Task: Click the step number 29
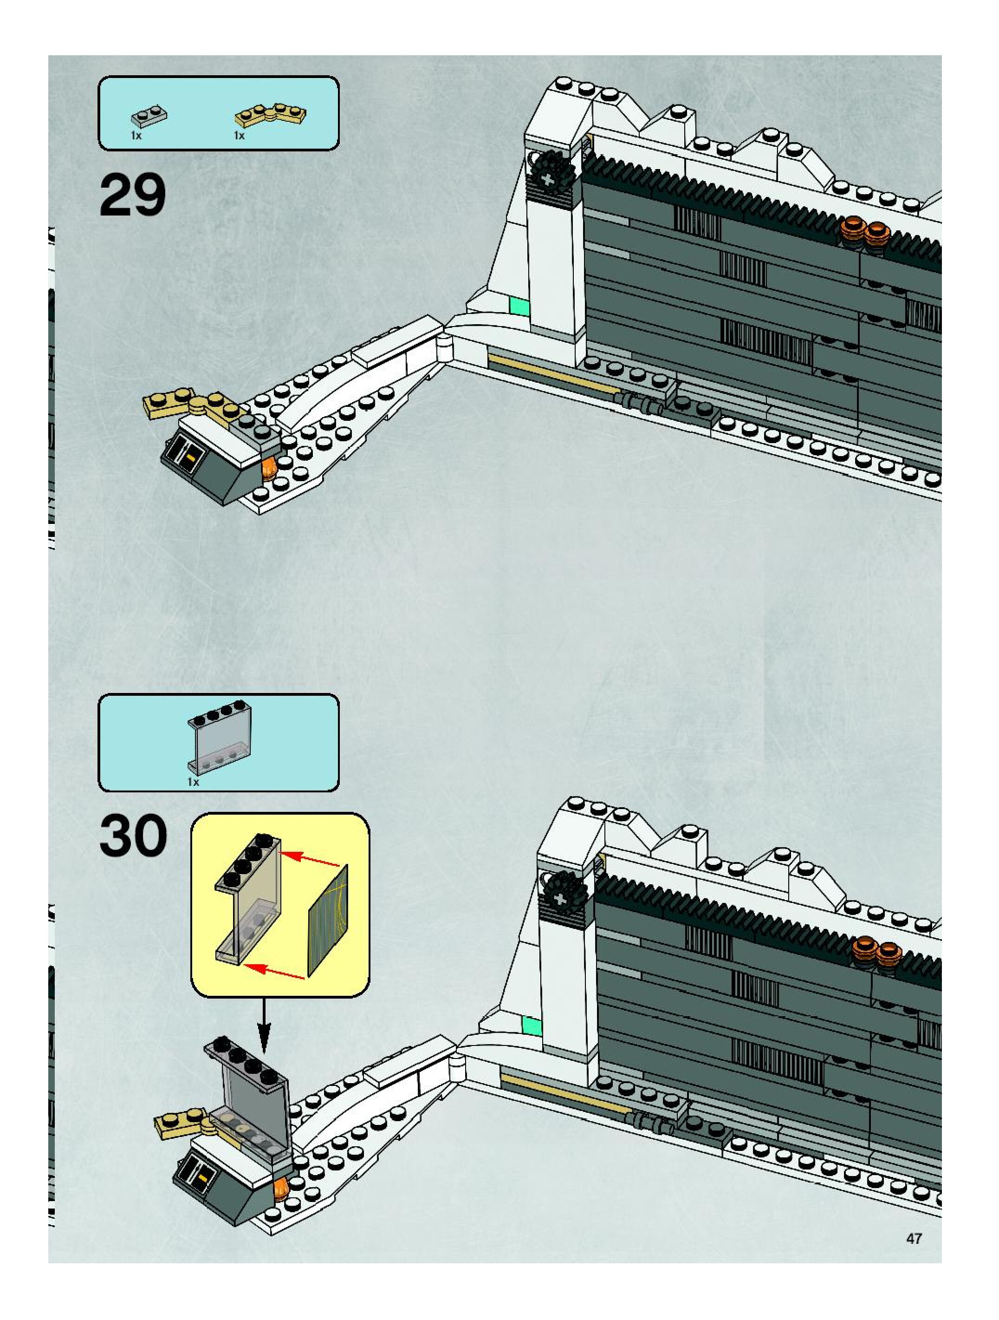tap(132, 195)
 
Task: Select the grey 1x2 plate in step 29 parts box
tap(149, 116)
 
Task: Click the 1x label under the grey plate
tap(136, 136)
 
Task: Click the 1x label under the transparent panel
tap(193, 782)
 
